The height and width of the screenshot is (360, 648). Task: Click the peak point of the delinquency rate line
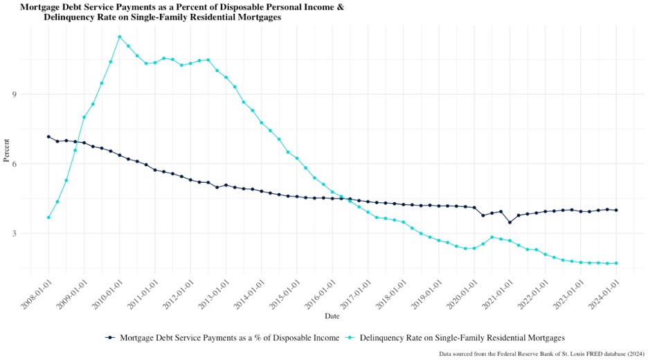pyautogui.click(x=120, y=37)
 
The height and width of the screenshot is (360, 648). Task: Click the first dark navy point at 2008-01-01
pyautogui.click(x=48, y=136)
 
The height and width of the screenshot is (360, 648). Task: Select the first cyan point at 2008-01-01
pyautogui.click(x=48, y=217)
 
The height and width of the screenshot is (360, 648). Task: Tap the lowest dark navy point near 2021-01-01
pyautogui.click(x=510, y=222)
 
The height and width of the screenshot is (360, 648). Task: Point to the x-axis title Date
pyautogui.click(x=332, y=316)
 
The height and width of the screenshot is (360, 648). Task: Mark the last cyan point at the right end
pyautogui.click(x=616, y=263)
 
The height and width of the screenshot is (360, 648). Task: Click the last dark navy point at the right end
pyautogui.click(x=616, y=210)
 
